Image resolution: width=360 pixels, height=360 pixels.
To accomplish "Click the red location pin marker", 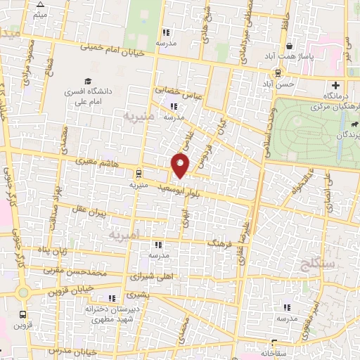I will click(x=181, y=165).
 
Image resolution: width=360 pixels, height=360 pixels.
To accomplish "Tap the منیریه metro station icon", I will click(x=139, y=172).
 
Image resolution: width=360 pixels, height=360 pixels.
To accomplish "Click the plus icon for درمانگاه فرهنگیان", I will click(x=336, y=86).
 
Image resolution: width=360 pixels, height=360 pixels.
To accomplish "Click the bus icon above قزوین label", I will click(x=23, y=315).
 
